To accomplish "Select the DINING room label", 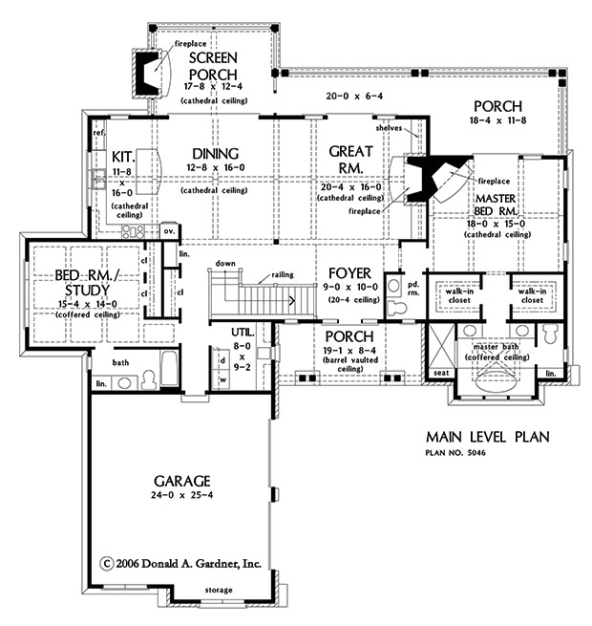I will [x=214, y=153].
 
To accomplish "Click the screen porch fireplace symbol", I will [x=145, y=73].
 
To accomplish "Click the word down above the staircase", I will [x=225, y=262].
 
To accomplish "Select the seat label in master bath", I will [x=441, y=373].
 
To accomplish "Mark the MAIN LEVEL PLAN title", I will [x=487, y=437].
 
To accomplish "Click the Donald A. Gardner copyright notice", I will [x=180, y=563].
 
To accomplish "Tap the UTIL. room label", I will [x=243, y=331].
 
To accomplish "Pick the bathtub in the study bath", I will [x=169, y=366].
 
